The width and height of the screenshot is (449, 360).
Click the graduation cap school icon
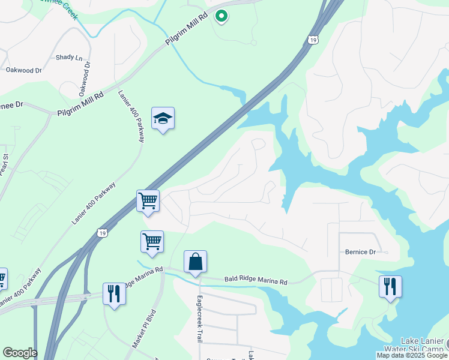[x=163, y=119]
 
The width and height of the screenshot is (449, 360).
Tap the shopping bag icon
[x=195, y=263]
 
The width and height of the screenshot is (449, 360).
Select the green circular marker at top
[x=221, y=16]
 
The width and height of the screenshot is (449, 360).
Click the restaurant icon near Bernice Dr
[x=390, y=286]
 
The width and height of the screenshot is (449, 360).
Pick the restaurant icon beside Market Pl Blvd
[x=113, y=294]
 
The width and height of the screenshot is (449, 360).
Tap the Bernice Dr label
[x=360, y=252]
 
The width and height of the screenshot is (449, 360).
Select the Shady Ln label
[x=69, y=58]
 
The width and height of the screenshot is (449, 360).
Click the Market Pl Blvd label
[x=144, y=329]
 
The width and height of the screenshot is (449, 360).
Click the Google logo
[x=20, y=353]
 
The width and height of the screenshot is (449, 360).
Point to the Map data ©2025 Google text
[x=411, y=355]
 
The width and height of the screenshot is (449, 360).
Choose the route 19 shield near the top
[x=312, y=40]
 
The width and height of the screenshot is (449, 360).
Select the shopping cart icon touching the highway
[x=148, y=201]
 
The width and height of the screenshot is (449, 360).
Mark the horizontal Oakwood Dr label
[x=23, y=70]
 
